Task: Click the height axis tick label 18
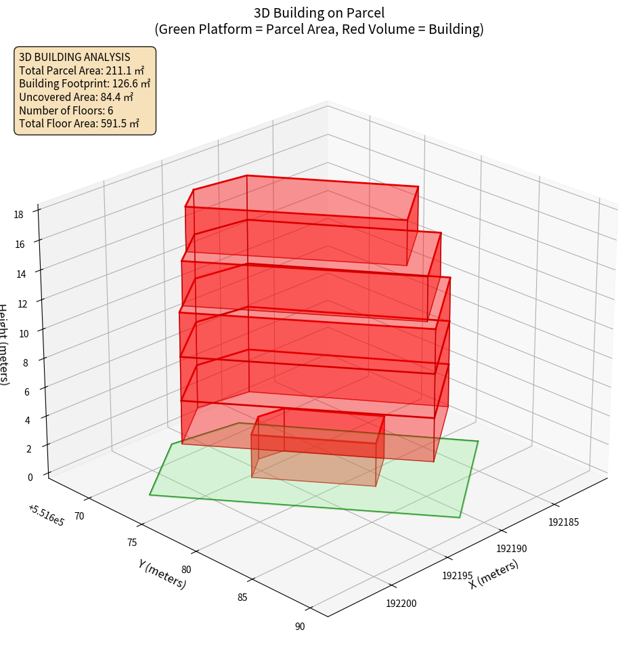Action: pos(18,215)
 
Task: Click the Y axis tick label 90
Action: pos(300,627)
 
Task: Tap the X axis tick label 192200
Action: pos(403,603)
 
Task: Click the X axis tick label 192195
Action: pos(458,575)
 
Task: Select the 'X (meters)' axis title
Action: pos(494,574)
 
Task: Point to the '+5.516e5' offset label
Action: pos(47,515)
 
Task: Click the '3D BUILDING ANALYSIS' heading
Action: pos(74,57)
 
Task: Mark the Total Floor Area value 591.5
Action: pos(120,123)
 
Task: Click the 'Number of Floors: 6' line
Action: pos(66,110)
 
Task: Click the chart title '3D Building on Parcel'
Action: pos(319,13)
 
